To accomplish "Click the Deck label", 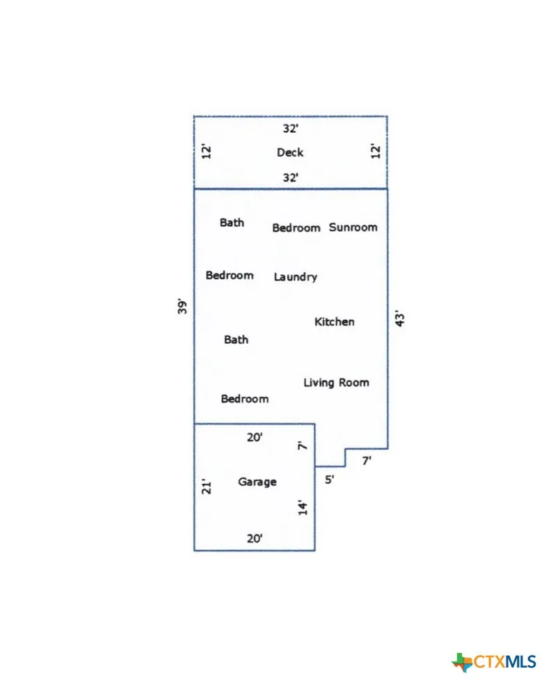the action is (290, 152).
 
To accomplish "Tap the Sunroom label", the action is (353, 228).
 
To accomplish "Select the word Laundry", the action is (296, 277).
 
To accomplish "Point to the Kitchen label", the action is (334, 322).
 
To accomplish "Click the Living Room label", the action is (336, 383).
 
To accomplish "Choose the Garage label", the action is (257, 482).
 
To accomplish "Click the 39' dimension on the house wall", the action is (182, 306).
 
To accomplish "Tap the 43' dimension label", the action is (400, 319).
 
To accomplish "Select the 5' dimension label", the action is (329, 480).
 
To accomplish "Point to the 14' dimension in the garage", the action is (303, 508).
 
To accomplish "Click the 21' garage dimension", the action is (206, 487).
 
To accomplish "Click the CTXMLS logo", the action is (494, 661).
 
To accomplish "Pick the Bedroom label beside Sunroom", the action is (296, 228).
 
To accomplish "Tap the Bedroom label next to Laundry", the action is (230, 275).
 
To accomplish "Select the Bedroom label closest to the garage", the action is (245, 399).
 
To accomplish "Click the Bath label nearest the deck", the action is (232, 223).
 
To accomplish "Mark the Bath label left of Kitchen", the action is (236, 340).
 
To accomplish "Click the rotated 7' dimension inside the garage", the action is (303, 445).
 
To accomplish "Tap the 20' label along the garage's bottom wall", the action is (255, 539).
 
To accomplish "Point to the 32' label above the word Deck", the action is (290, 128).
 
